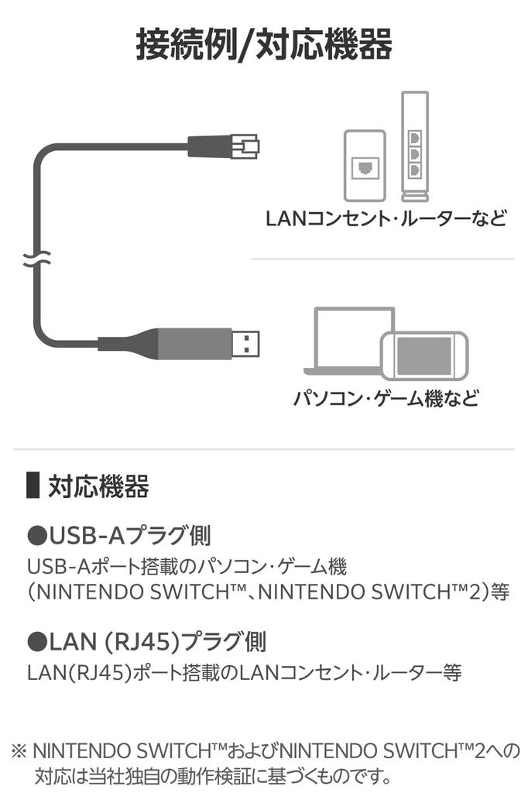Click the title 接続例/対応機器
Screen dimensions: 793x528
(x=263, y=44)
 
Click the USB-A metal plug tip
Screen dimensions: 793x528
(x=246, y=341)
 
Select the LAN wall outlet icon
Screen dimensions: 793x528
(x=364, y=166)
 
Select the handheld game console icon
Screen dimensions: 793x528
(x=424, y=355)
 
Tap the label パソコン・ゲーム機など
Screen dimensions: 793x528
(x=386, y=399)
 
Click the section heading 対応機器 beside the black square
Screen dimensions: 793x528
(x=98, y=487)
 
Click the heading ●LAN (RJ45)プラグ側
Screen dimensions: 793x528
(x=146, y=641)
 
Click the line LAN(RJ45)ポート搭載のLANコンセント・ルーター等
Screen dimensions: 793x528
(x=244, y=672)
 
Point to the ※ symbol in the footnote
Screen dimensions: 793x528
(x=19, y=750)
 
